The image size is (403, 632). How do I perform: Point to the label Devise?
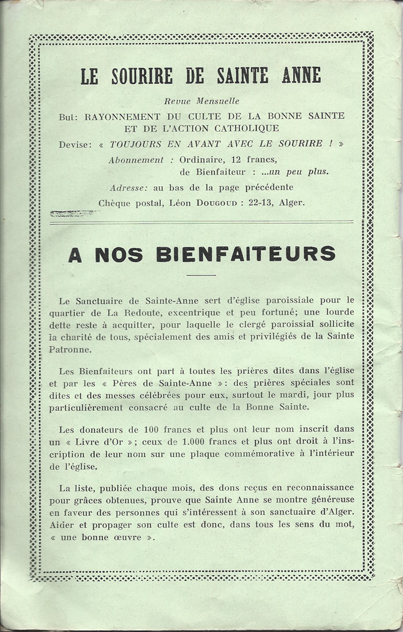pos(75,144)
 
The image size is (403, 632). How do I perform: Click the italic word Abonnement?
pos(136,159)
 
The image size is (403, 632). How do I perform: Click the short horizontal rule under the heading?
pos(201,275)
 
